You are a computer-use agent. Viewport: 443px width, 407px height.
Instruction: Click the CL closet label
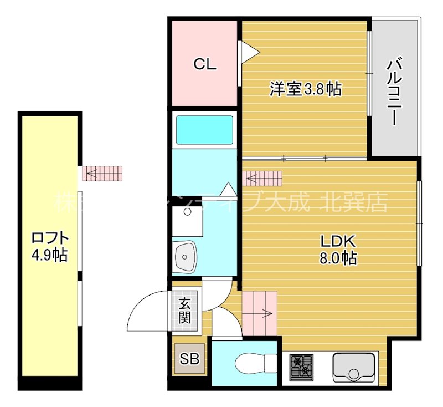(204, 64)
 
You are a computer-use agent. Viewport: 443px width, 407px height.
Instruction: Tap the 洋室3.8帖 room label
(305, 89)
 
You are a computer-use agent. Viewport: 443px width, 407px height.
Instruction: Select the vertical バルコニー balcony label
(394, 91)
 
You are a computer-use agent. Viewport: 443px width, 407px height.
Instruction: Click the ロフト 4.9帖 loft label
(50, 247)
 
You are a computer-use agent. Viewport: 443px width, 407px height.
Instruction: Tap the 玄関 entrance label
(184, 311)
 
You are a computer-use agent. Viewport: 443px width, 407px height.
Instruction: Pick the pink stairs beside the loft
(102, 174)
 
